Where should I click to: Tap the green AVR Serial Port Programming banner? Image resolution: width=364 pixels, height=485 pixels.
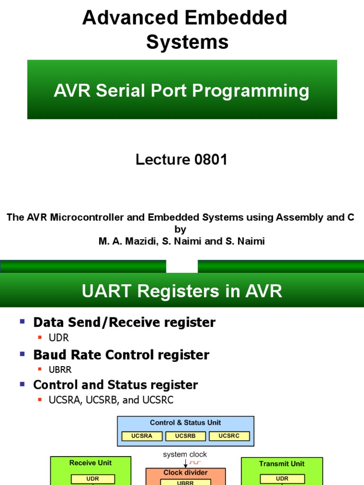coord(182,90)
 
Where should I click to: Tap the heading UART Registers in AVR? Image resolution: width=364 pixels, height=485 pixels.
coord(182,291)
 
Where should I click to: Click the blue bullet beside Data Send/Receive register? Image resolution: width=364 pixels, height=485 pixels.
coord(22,322)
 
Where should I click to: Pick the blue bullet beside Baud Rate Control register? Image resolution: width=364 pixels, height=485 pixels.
coord(22,354)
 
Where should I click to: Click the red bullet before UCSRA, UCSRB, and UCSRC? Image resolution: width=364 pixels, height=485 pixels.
coord(40,400)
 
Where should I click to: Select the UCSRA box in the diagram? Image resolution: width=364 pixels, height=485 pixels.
coord(142,436)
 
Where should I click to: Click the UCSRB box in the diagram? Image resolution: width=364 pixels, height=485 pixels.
coord(185,436)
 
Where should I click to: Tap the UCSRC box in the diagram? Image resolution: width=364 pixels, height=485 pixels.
coord(229,436)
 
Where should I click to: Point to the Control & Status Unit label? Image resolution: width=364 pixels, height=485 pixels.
coord(185,422)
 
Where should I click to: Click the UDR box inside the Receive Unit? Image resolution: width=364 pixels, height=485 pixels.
coord(92,478)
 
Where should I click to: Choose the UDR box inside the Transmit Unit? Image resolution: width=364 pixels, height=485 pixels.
coord(282,478)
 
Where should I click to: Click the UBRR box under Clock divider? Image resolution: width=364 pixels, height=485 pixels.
coord(185,482)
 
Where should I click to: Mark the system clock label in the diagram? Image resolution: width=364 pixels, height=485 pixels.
coord(185,455)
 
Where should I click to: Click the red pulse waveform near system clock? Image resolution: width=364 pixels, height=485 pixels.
coord(195,462)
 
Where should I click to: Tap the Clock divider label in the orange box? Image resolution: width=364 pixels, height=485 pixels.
coord(185,473)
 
